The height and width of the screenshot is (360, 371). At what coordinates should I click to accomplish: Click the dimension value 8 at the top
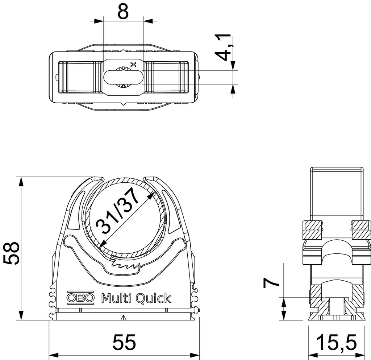(x=123, y=12)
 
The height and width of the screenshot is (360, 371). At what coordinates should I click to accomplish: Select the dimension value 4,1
(x=222, y=47)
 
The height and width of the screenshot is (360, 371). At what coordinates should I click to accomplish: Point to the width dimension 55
(x=124, y=342)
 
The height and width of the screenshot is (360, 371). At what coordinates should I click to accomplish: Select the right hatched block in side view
(x=361, y=229)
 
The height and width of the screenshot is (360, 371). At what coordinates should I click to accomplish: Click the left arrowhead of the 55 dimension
(x=51, y=354)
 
